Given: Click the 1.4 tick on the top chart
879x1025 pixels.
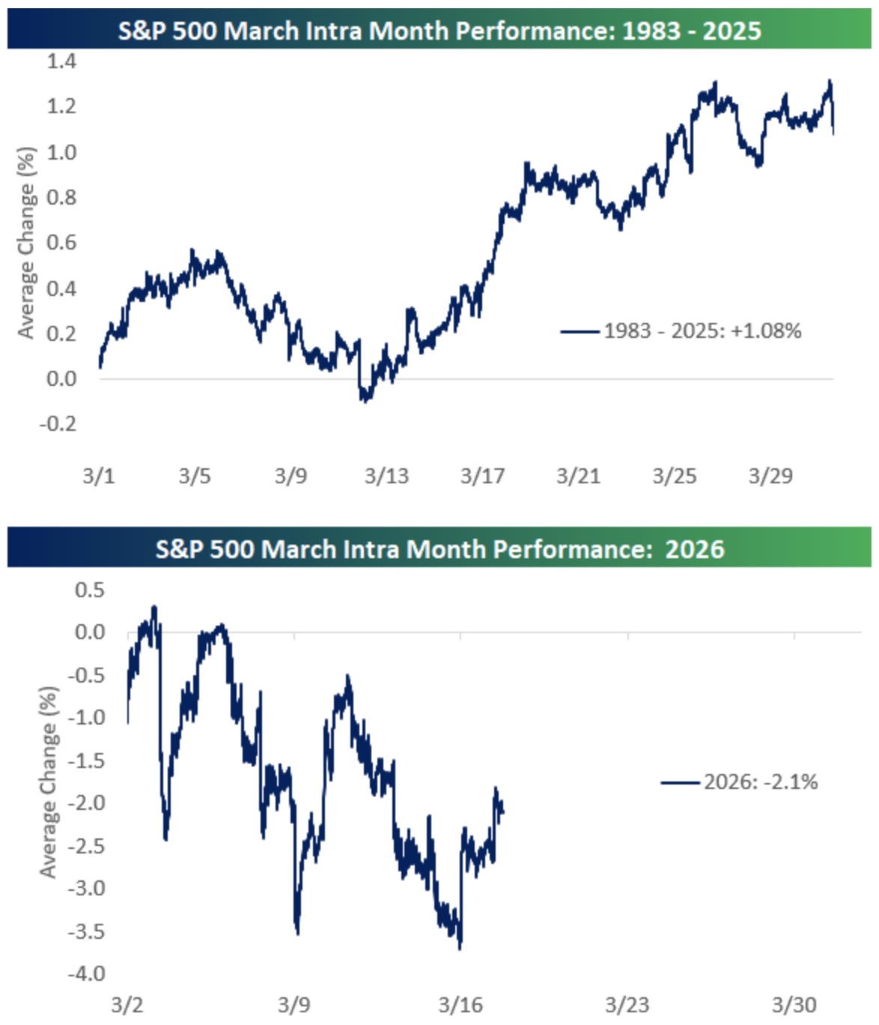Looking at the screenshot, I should tap(61, 61).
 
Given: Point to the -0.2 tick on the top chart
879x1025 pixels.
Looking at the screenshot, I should tap(58, 423).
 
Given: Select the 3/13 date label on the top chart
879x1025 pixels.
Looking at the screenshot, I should tap(386, 476).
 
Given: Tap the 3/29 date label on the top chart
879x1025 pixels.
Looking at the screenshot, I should tap(770, 476).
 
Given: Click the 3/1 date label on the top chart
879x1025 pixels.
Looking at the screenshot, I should tap(99, 476).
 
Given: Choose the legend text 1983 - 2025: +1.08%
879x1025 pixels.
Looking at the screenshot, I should tap(702, 330).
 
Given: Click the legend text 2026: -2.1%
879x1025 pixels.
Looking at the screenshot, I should tap(761, 782).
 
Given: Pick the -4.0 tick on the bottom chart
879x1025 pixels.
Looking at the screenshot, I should tap(86, 973).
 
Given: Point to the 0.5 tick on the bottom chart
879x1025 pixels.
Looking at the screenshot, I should tap(90, 590).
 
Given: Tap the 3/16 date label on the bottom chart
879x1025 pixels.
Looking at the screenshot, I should tap(460, 1005).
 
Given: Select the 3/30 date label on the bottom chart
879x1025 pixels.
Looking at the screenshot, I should tap(794, 1005).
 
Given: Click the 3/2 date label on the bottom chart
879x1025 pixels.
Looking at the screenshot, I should tap(127, 1005).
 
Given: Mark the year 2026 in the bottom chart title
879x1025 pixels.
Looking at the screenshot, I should tap(694, 549).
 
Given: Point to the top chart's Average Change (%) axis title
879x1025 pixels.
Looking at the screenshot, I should tap(26, 243).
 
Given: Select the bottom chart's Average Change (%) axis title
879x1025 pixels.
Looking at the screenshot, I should tap(49, 781).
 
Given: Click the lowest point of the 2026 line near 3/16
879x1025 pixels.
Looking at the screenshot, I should tap(460, 948).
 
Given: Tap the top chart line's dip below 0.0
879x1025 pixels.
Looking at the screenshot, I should tap(365, 400).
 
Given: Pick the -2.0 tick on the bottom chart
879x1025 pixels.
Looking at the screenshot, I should tap(86, 802).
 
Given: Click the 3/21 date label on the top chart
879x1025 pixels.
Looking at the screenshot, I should tap(578, 476).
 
